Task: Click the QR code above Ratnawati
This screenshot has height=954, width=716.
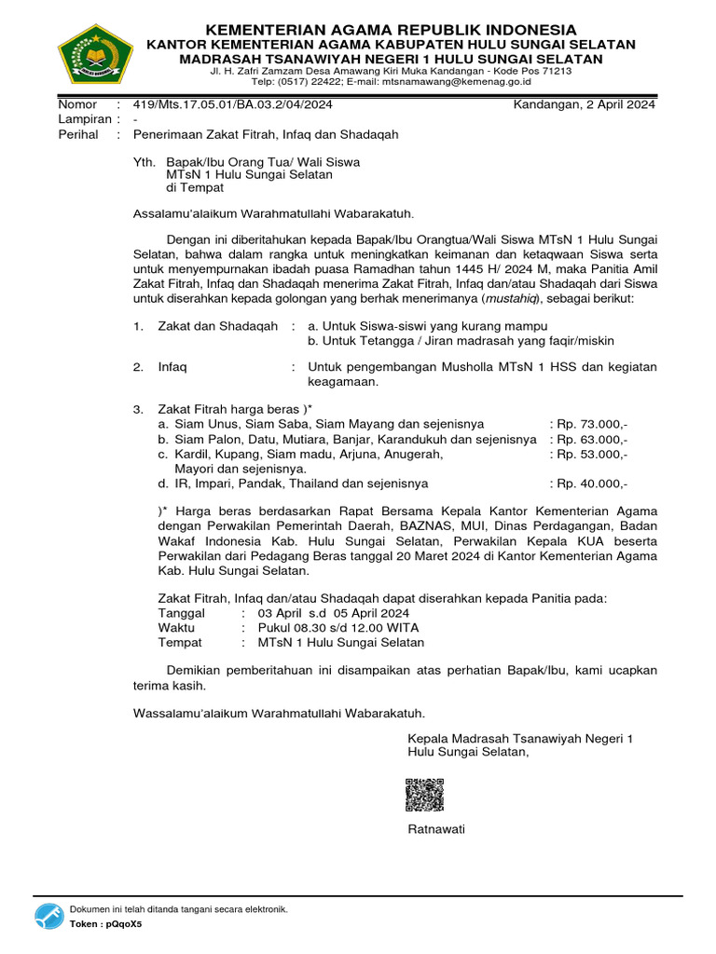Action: coord(424,795)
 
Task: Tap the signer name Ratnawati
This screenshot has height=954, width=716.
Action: coord(436,829)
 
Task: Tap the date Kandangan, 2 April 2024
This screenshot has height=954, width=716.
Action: coord(585,104)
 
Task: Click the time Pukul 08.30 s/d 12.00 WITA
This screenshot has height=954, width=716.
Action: coord(339,628)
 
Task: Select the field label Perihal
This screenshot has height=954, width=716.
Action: coord(78,134)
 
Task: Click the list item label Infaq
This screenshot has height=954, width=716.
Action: coord(172,367)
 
